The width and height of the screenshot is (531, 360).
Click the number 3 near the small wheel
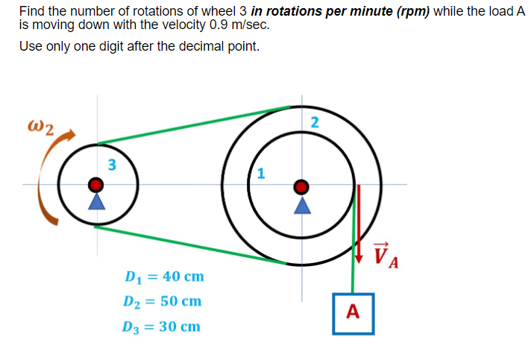(x=111, y=165)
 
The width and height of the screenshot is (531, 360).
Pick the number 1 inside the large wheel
(x=260, y=174)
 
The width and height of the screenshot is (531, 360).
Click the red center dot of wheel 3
(x=95, y=184)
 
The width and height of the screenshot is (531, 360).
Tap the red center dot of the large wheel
(x=301, y=185)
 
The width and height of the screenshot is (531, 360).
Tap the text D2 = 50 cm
(x=163, y=302)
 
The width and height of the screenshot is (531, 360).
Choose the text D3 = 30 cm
(x=163, y=326)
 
